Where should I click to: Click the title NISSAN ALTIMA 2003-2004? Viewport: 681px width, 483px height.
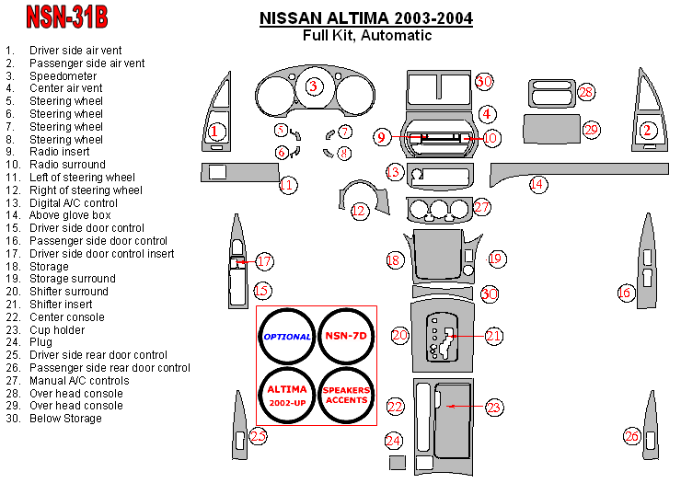[366, 17]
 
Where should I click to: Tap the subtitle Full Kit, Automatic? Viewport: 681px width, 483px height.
[366, 35]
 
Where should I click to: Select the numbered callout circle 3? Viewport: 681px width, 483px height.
[313, 86]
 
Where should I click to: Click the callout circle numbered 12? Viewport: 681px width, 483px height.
[359, 211]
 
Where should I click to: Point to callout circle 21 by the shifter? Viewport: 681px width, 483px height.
[493, 336]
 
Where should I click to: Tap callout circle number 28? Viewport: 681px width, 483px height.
[585, 92]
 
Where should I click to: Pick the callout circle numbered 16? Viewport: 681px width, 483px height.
[625, 293]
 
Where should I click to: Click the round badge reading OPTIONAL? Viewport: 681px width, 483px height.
[287, 337]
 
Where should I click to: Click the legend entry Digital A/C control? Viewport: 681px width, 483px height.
[74, 202]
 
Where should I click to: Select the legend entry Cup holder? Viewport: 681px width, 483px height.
[57, 329]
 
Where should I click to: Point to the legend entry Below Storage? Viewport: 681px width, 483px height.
[65, 419]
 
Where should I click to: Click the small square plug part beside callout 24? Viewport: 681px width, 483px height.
[397, 462]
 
